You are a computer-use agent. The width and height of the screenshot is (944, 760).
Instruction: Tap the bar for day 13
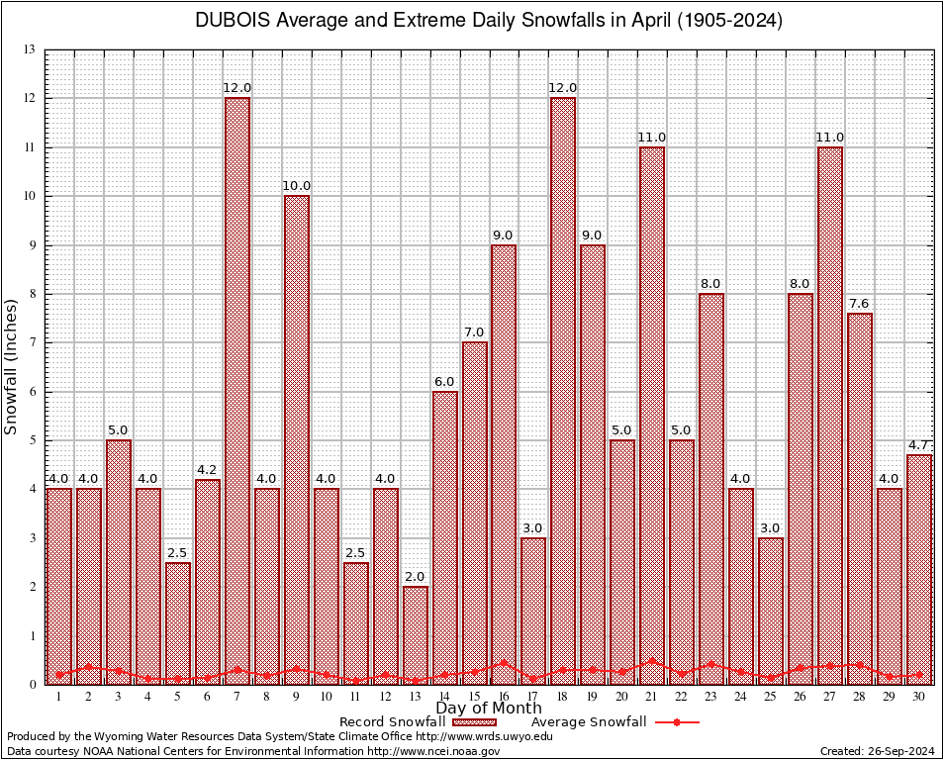click(416, 633)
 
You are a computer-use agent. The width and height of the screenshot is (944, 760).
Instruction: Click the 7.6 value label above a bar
click(860, 304)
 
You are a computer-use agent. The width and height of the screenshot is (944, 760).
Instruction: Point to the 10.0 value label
click(297, 186)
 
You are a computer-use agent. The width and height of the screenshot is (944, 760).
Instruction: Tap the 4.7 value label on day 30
click(919, 445)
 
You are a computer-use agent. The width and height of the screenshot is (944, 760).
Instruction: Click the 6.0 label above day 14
click(444, 382)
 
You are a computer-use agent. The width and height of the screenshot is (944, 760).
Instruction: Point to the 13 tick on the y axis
click(30, 49)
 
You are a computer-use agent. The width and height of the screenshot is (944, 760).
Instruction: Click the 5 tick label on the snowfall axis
click(32, 440)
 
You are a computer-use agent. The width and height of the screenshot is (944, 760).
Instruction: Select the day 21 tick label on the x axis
click(652, 697)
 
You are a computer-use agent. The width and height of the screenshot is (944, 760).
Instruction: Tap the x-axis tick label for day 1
click(59, 697)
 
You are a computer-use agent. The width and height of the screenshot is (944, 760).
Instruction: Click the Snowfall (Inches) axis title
click(12, 366)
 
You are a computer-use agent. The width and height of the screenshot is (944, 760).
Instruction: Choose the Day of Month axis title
click(489, 709)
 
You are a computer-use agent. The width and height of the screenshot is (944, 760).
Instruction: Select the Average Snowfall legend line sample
click(677, 722)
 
